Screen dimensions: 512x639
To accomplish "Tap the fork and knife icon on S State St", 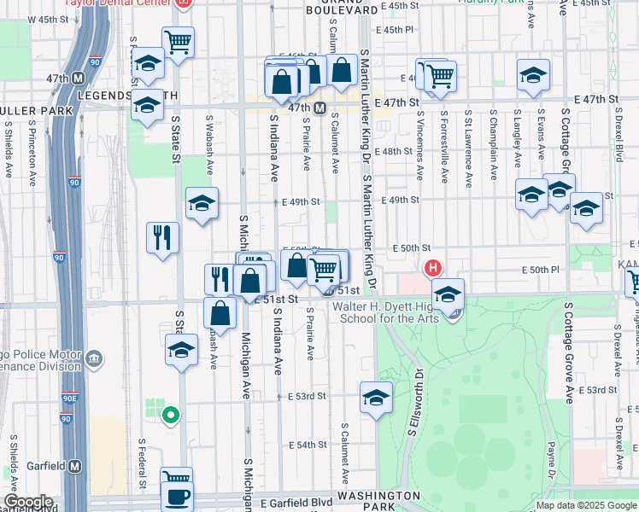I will (162, 236).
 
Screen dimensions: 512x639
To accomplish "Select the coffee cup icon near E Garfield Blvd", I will (177, 497).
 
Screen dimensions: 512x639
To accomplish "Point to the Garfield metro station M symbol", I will (75, 466).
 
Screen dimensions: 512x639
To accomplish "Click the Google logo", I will (28, 502).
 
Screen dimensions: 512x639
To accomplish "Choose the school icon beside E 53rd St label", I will (376, 399).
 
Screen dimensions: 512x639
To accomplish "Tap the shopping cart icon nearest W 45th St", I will (178, 41).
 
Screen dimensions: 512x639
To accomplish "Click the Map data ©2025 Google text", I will (586, 505).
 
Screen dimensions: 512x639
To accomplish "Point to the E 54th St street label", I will (307, 445).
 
